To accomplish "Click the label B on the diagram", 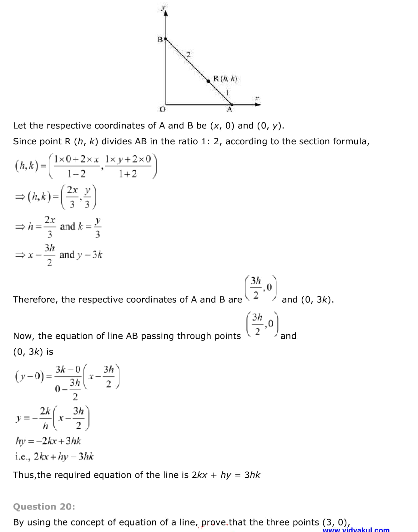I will click(x=160, y=40).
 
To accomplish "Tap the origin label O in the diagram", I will click(x=162, y=109).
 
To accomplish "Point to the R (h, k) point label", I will click(x=225, y=78).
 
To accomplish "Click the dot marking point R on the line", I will click(x=209, y=81).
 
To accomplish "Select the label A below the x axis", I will click(x=229, y=110).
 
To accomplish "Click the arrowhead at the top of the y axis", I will click(x=166, y=13).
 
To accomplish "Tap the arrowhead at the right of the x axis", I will click(x=258, y=104).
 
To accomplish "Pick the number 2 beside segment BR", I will click(x=189, y=55).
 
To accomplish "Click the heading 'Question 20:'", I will click(x=44, y=506).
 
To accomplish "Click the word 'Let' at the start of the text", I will click(x=20, y=126).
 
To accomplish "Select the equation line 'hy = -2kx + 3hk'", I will click(x=48, y=441).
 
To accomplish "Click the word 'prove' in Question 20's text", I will click(x=214, y=522).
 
